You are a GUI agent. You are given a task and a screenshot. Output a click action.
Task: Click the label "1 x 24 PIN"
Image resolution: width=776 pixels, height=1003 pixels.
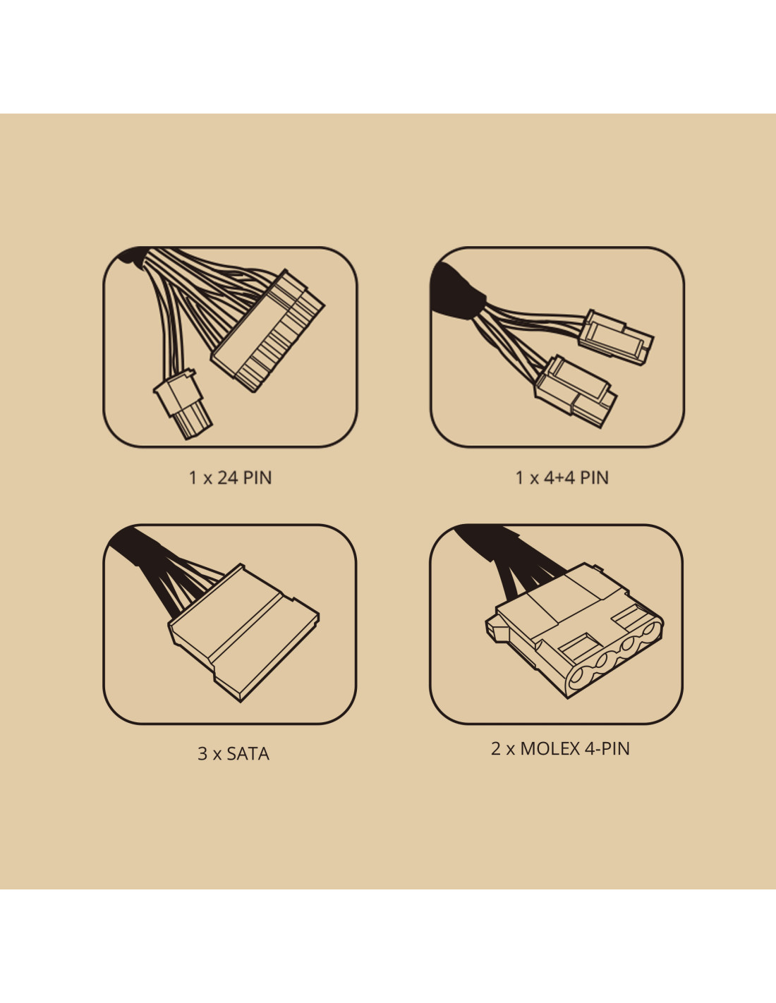(230, 478)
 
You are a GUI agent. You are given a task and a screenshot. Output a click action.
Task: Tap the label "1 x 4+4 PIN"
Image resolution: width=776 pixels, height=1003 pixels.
(562, 478)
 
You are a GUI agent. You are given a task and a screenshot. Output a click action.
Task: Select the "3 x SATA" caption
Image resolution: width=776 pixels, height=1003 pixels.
(233, 754)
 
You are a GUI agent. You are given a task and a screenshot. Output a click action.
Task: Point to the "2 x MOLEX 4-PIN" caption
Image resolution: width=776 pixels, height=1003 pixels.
(560, 748)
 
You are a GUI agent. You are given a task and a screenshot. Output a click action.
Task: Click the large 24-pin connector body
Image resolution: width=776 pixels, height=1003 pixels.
(269, 332)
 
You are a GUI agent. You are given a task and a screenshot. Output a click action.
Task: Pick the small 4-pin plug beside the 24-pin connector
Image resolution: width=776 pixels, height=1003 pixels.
(183, 403)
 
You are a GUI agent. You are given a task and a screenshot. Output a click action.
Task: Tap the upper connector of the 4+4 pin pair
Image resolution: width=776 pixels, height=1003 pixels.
(616, 338)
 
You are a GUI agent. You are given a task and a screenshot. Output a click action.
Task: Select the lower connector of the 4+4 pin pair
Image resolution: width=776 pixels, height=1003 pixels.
(575, 391)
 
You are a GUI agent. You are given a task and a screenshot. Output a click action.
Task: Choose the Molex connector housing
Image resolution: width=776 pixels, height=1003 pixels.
(575, 630)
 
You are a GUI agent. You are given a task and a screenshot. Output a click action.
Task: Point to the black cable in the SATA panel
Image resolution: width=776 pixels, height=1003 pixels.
(157, 568)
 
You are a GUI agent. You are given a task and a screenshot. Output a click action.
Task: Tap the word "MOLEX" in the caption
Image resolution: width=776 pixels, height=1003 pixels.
(550, 748)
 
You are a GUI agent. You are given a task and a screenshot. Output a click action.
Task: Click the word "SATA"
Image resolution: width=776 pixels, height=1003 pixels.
(248, 754)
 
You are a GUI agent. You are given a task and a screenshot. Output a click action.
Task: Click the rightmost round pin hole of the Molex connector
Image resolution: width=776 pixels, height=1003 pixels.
(652, 629)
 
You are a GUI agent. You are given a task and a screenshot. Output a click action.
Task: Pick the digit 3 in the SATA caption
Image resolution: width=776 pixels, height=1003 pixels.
(202, 754)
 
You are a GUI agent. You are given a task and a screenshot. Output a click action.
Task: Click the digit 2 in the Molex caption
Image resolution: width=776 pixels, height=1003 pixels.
(495, 748)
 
